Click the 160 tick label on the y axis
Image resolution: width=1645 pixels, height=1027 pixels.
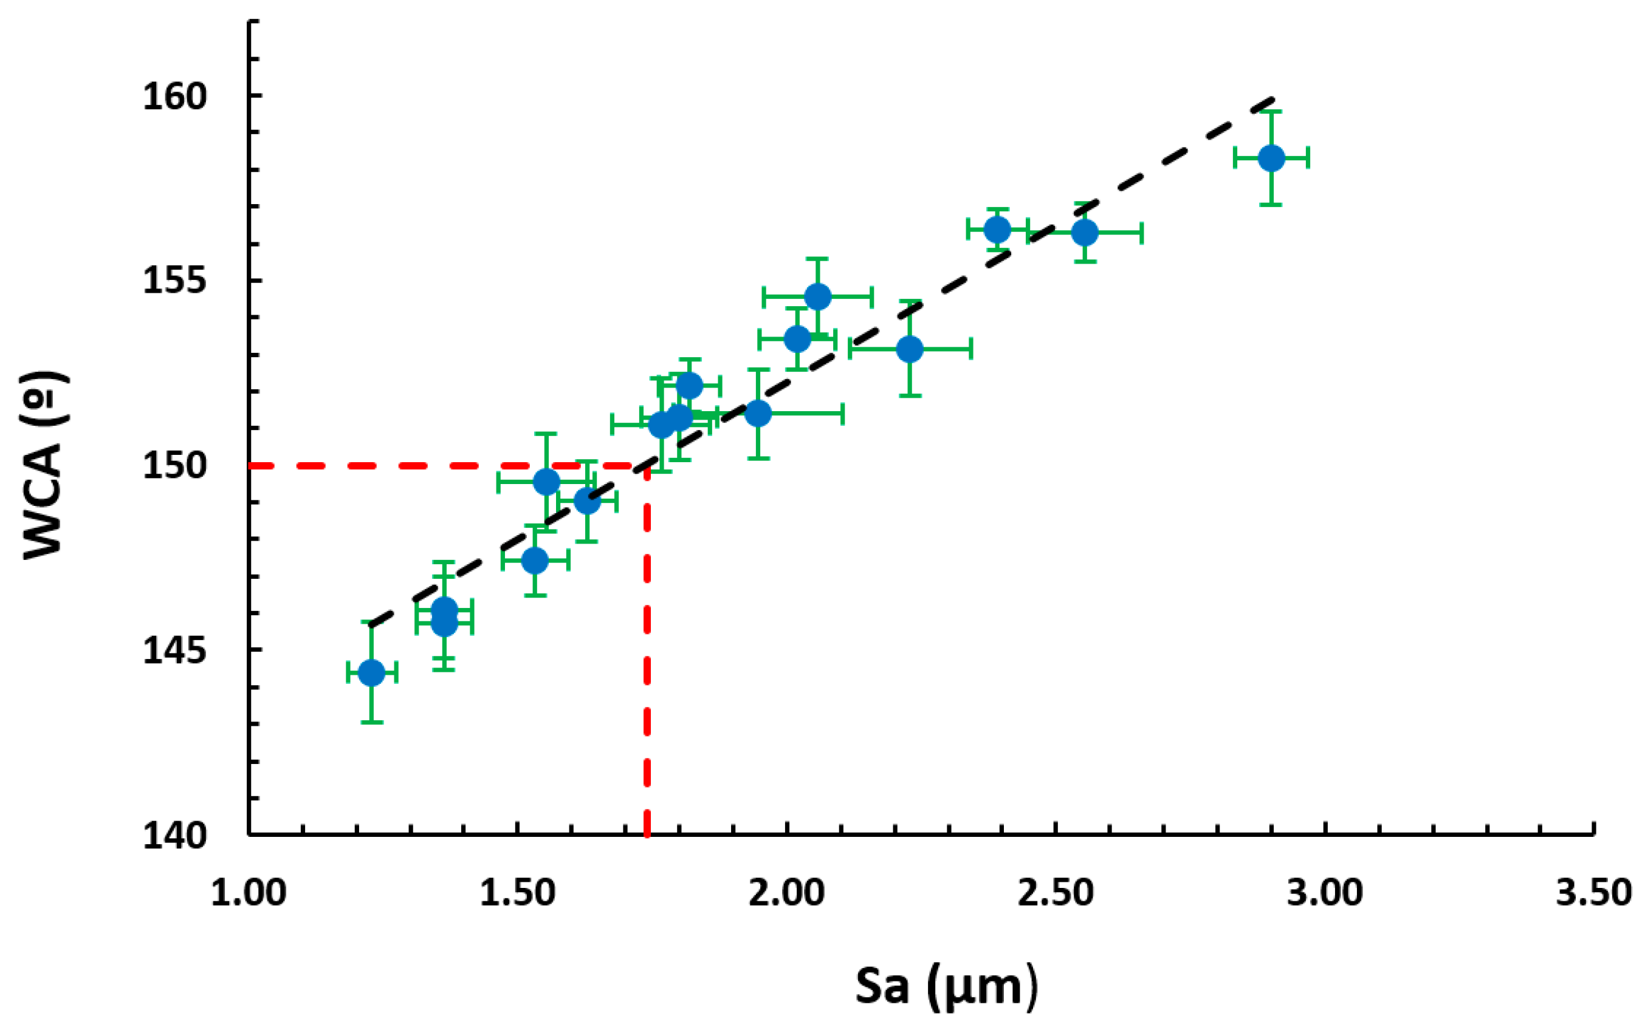174,97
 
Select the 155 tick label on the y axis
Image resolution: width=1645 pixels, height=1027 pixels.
174,281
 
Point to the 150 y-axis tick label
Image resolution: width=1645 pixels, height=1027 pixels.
174,466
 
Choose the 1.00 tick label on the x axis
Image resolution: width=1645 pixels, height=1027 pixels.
249,893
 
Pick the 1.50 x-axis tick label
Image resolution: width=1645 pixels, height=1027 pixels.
518,893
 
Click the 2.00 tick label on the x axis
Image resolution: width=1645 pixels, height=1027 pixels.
786,893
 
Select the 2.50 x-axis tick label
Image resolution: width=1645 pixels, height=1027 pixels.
1055,893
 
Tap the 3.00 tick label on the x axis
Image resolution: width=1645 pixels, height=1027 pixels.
1324,893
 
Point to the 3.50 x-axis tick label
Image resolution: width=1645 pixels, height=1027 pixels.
1593,893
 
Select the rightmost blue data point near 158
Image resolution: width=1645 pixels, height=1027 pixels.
1271,159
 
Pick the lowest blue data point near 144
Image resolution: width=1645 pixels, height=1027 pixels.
371,672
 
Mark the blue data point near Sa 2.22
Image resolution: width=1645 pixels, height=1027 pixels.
910,349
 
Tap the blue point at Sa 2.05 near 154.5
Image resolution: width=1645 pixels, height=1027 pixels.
817,296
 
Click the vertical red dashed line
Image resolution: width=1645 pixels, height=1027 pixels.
647,652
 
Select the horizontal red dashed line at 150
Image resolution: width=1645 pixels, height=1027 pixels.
442,466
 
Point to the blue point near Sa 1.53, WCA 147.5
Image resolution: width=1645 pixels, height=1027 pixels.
535,561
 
